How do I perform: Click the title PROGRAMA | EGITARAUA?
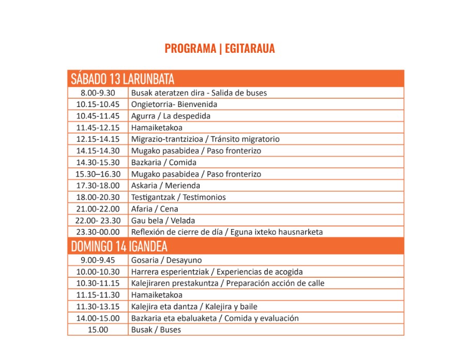click(220, 49)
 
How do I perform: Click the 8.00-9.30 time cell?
click(98, 93)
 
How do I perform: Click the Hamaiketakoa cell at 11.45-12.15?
click(157, 127)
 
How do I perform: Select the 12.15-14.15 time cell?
click(98, 139)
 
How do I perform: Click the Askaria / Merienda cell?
click(165, 185)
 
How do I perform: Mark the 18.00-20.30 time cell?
click(98, 197)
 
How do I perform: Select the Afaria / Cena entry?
click(155, 209)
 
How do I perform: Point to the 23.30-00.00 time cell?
click(98, 232)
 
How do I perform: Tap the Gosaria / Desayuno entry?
click(166, 260)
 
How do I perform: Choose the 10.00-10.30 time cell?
click(98, 272)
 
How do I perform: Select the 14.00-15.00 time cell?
click(98, 318)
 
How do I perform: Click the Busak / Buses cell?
click(156, 329)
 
